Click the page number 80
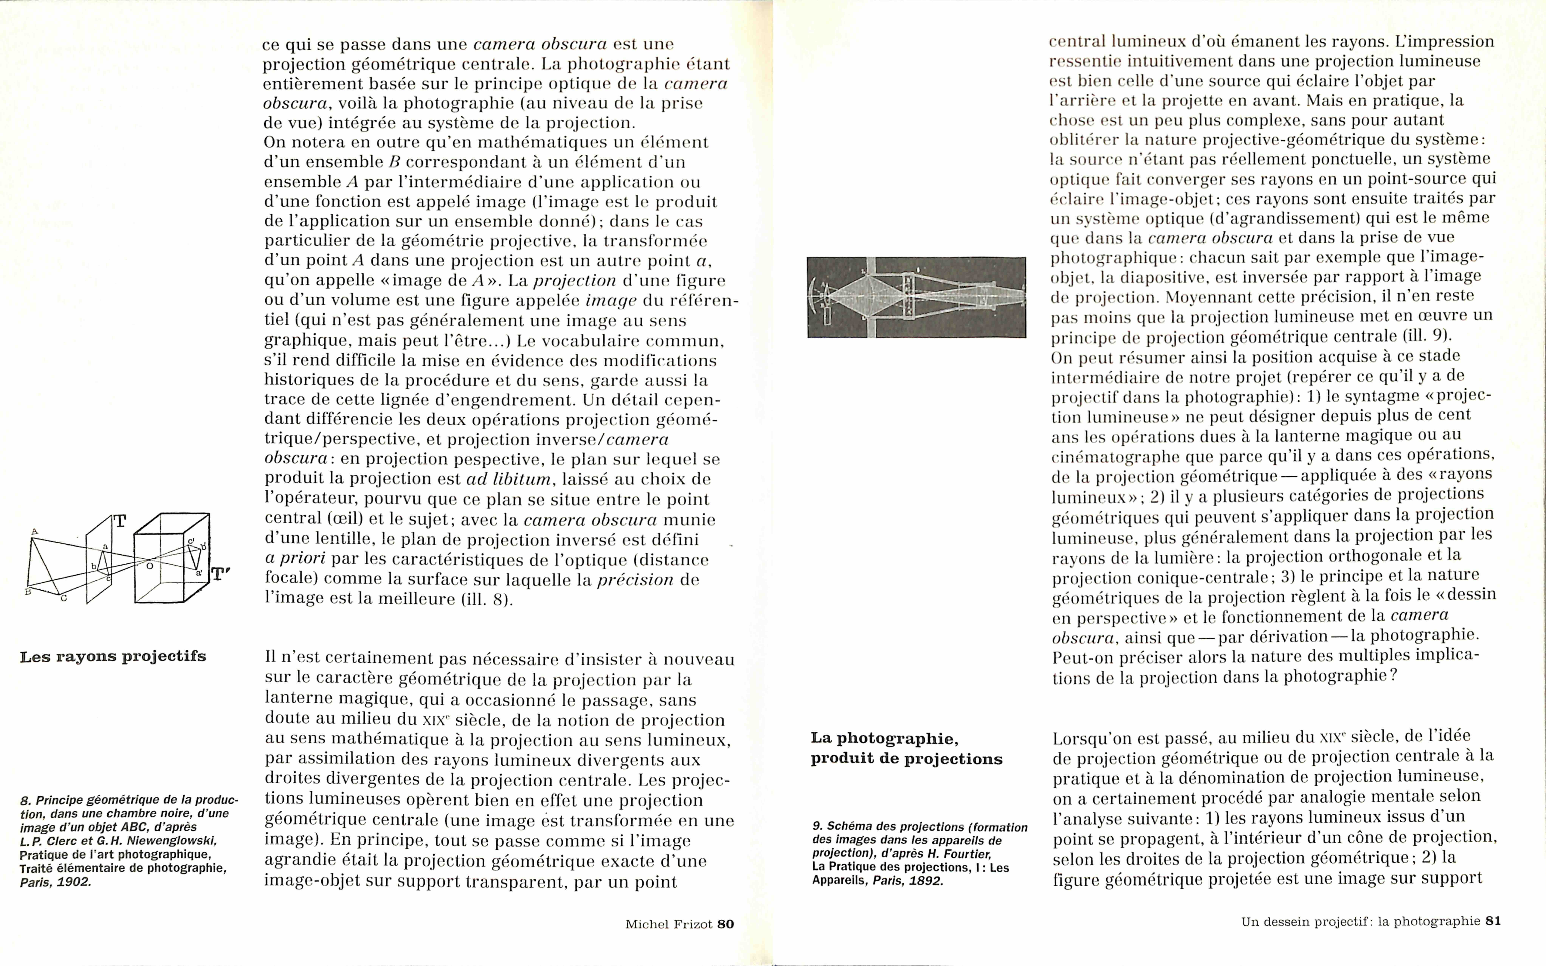726,924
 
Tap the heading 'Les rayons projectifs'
113,657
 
